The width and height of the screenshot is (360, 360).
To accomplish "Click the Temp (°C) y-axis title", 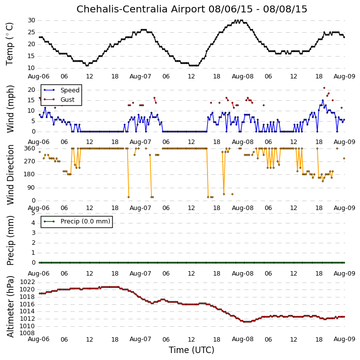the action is (x=9, y=44).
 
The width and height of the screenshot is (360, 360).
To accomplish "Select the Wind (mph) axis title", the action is (x=10, y=109).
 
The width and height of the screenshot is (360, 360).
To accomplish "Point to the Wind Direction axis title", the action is (x=10, y=175).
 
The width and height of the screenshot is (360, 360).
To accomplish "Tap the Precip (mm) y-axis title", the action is (x=10, y=240).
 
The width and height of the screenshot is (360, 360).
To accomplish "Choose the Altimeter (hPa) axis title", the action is (x=10, y=306).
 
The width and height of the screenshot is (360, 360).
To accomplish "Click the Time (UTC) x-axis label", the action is (x=192, y=350).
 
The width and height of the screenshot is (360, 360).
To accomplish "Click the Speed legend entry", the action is (x=70, y=90).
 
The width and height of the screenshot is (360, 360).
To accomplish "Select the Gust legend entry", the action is (x=68, y=100).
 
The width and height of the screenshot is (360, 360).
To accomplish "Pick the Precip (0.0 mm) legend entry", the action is (x=85, y=221).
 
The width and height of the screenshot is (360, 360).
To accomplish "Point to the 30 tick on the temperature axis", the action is (x=31, y=20).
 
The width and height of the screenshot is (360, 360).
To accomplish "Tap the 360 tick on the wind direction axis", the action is (x=30, y=148).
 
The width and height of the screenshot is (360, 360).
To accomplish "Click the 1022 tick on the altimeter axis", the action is (x=27, y=282).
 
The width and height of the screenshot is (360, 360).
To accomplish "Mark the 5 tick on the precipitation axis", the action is (x=33, y=213).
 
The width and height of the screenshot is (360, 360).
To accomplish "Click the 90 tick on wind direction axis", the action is (x=31, y=188).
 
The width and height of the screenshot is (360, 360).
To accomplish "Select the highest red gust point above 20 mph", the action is (x=324, y=88).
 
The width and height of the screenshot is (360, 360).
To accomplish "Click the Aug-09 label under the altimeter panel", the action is (x=345, y=339).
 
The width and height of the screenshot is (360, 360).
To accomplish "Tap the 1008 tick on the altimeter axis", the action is (x=27, y=333).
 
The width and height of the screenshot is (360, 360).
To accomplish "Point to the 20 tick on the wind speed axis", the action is (x=31, y=90).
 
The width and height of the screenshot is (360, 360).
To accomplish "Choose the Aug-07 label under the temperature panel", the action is (x=141, y=76).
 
